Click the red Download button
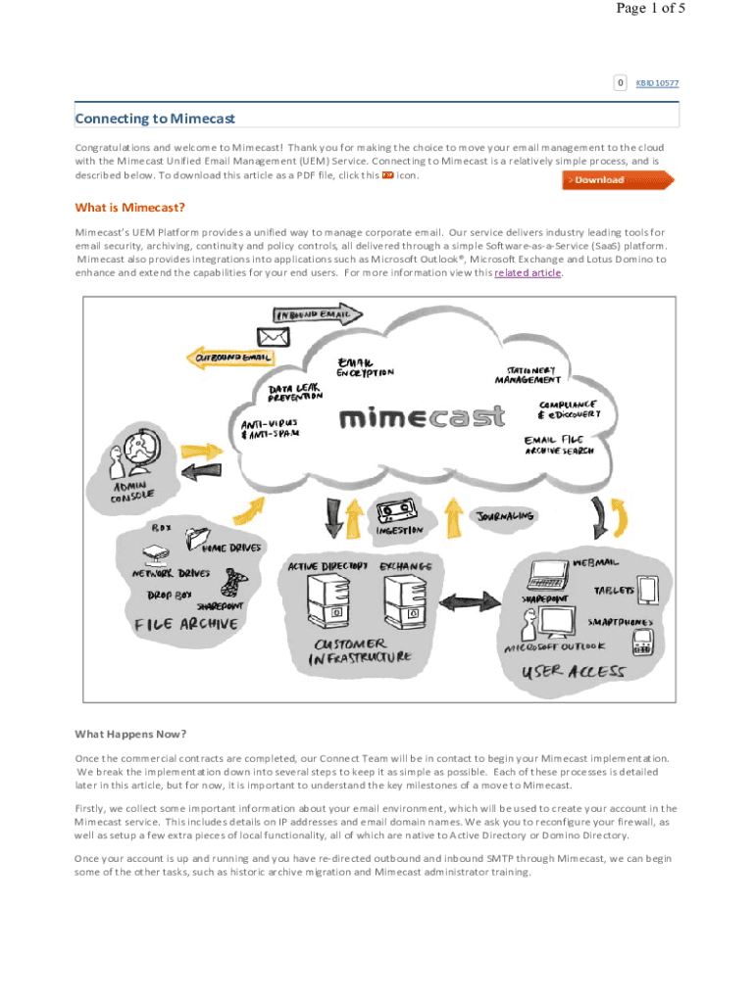point(618,180)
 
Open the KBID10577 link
point(657,83)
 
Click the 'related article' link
point(528,273)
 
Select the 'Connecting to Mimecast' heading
point(155,119)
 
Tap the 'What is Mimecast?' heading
point(130,208)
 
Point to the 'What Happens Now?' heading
point(130,734)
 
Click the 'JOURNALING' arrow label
point(505,516)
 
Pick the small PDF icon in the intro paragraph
point(387,175)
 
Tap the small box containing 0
point(620,82)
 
